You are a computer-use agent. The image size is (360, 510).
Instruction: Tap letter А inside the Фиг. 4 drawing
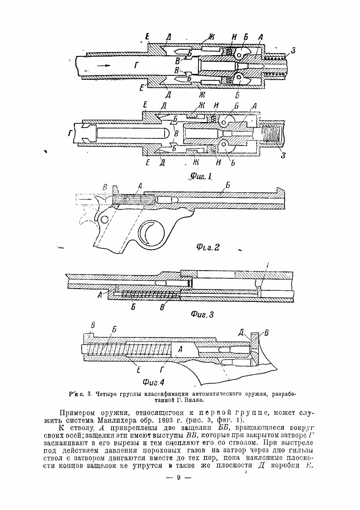coord(180,349)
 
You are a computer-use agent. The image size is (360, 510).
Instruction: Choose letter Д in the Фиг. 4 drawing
coord(242,332)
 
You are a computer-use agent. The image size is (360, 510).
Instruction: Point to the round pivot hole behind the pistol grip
coord(103,220)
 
